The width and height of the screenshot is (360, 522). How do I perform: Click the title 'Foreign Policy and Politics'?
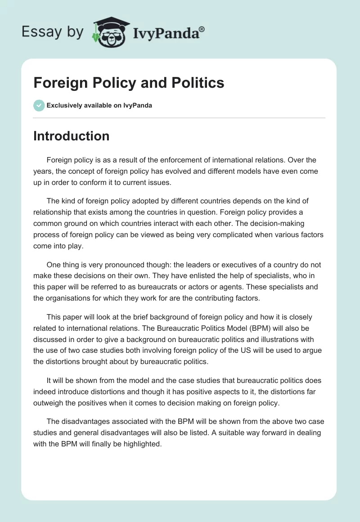[x=129, y=83]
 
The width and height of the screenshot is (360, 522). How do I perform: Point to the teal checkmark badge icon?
[x=39, y=105]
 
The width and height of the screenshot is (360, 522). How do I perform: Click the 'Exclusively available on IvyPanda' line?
[x=99, y=106]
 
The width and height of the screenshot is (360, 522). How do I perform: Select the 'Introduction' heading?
[x=71, y=136]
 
